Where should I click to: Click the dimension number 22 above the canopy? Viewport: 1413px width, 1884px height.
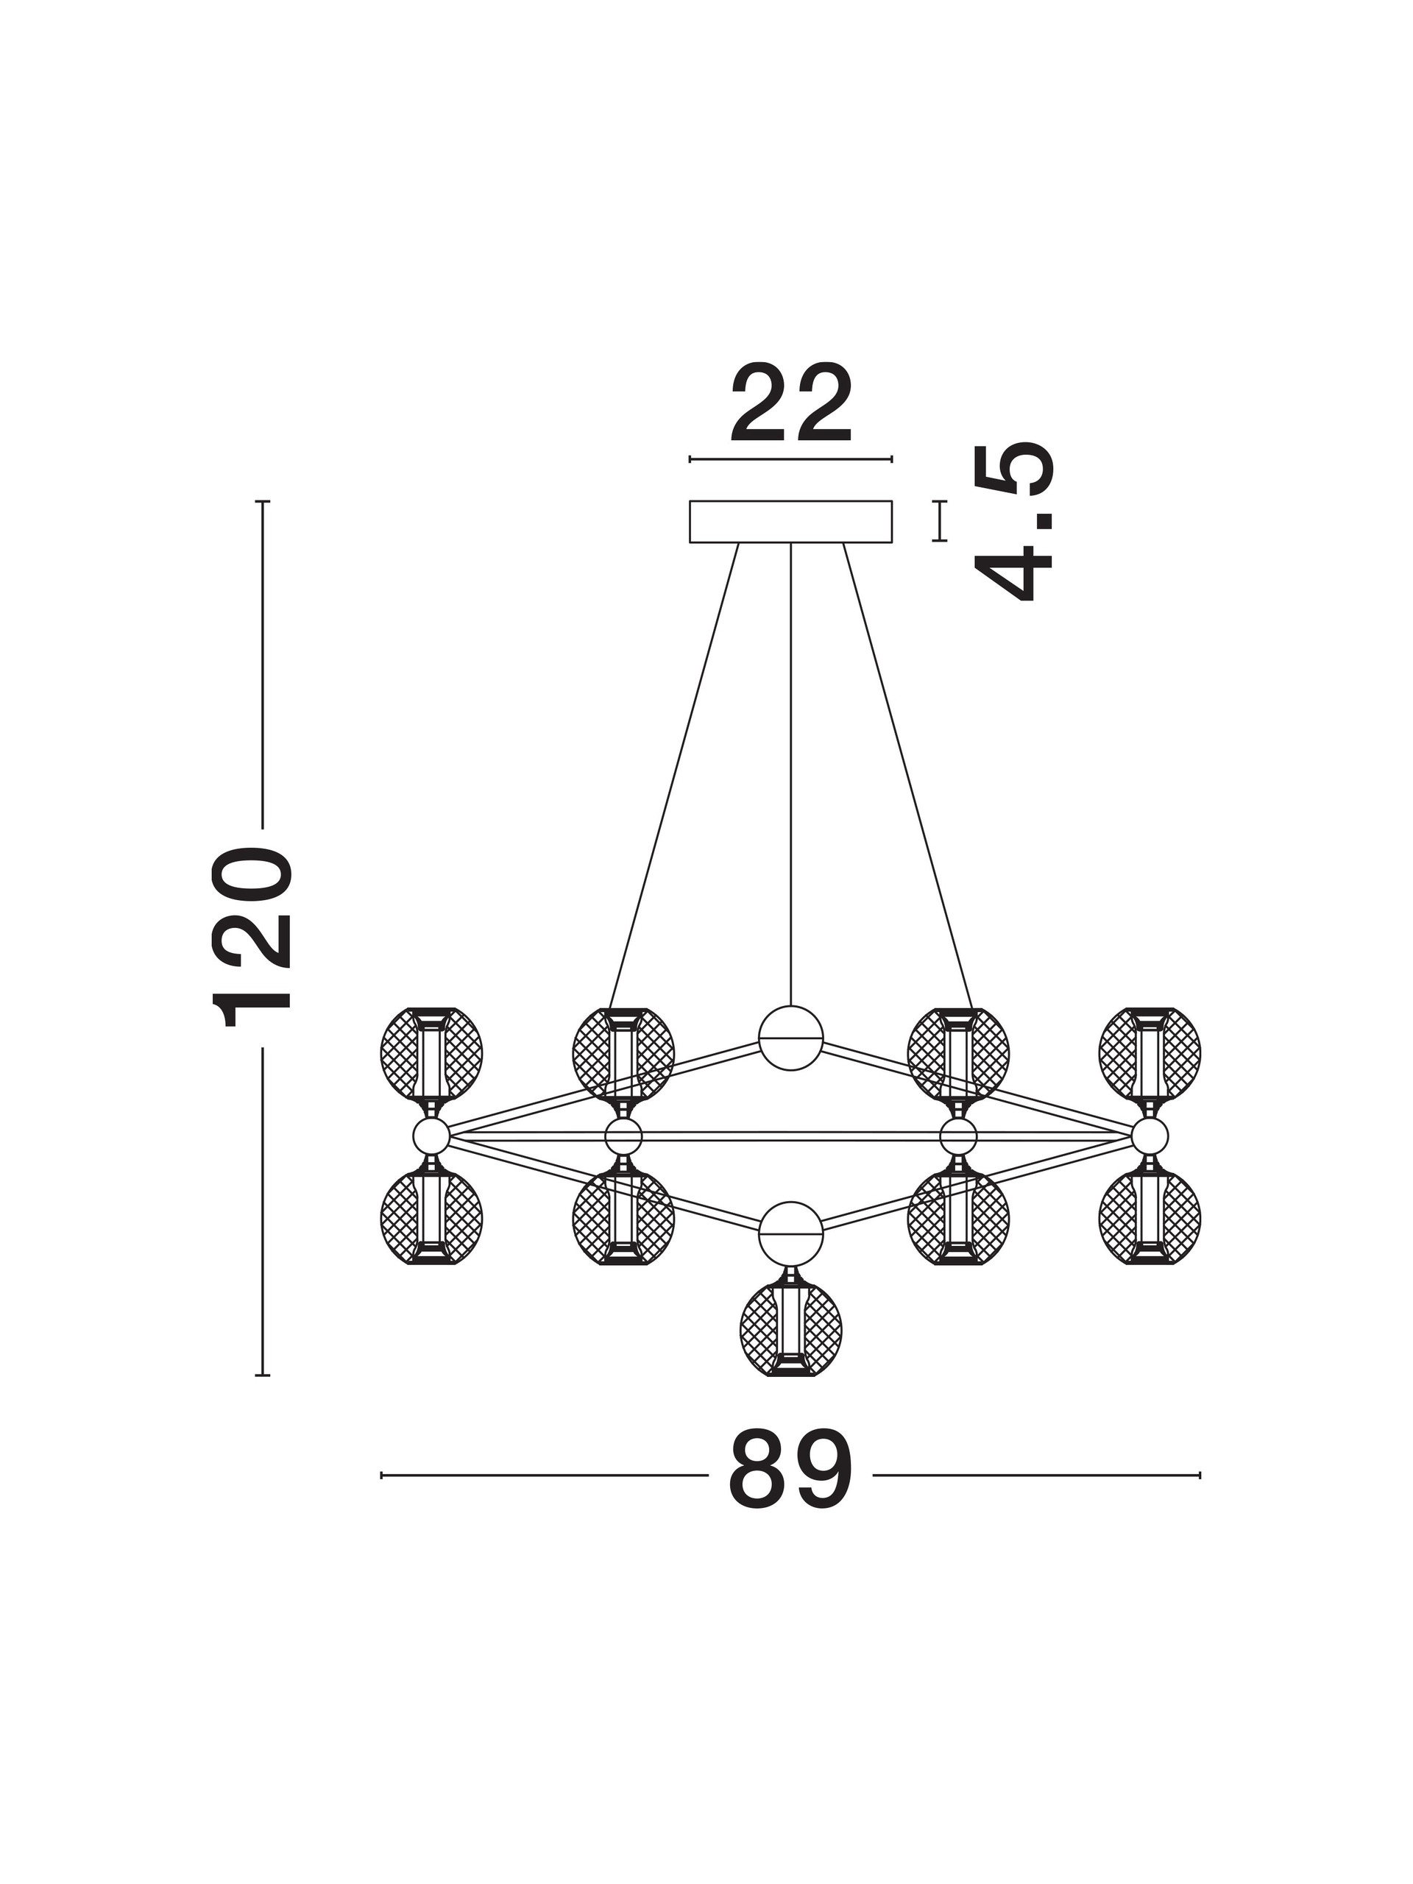point(790,404)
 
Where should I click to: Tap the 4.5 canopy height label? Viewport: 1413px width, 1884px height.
point(1013,522)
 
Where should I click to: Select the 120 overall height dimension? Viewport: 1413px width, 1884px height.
point(252,937)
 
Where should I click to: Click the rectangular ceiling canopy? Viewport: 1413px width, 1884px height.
point(790,521)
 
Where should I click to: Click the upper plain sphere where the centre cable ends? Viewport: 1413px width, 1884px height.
point(790,1038)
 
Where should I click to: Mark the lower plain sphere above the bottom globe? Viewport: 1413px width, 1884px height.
point(790,1234)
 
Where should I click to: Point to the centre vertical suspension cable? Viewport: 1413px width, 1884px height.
point(790,774)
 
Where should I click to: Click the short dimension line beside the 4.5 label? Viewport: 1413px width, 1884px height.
point(940,520)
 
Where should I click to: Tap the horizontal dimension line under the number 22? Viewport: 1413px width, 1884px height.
point(790,459)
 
